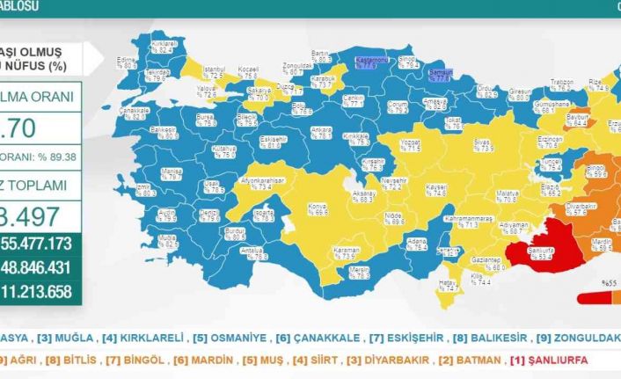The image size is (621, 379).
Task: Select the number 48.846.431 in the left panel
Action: pyautogui.click(x=41, y=266)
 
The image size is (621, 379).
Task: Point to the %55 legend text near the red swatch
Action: pyautogui.click(x=609, y=283)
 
